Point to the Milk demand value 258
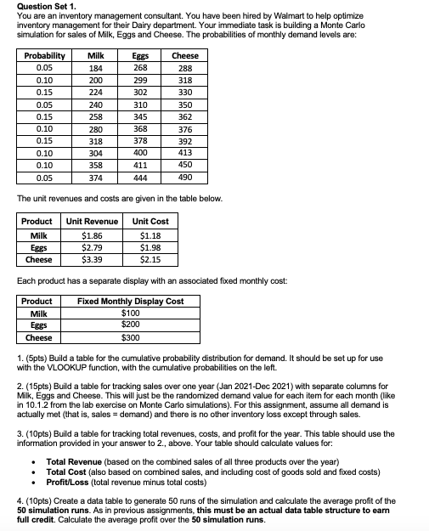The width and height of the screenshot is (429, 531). (x=95, y=117)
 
